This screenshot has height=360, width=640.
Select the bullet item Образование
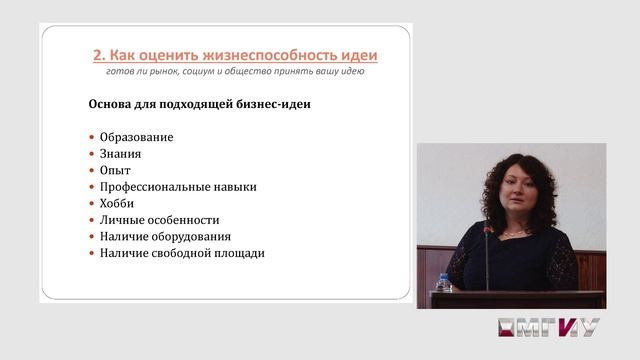[136, 137]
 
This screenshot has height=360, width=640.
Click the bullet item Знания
[120, 154]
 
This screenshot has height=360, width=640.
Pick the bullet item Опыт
[115, 170]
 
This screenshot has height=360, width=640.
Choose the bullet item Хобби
[117, 203]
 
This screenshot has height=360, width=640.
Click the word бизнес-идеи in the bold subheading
[262, 104]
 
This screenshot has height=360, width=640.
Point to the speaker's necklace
[514, 233]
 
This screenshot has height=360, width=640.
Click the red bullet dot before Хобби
[91, 203]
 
